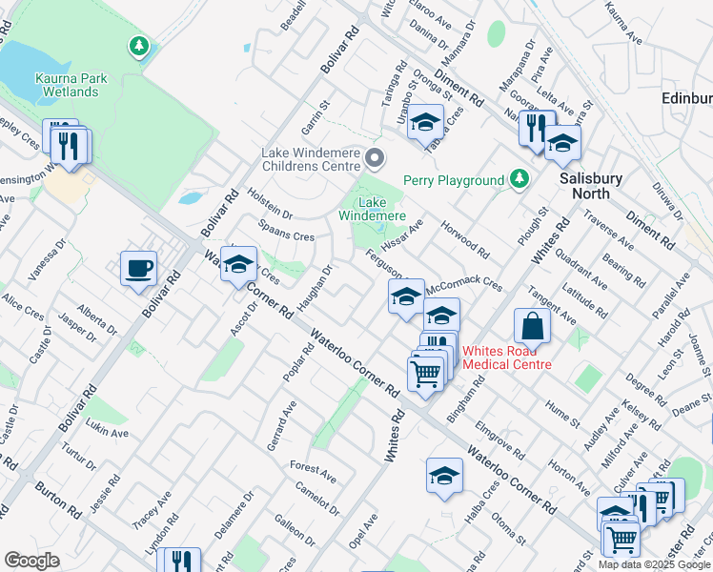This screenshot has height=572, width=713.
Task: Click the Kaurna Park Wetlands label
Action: tap(67, 85)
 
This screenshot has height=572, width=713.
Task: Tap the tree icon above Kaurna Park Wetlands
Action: tap(140, 45)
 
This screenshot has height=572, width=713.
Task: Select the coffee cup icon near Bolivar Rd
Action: tap(138, 268)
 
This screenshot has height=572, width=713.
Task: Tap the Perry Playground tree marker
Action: tap(519, 179)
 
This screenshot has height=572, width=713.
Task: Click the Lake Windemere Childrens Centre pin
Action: tap(376, 158)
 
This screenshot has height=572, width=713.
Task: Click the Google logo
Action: tap(32, 560)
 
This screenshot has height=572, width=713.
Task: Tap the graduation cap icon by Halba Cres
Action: tap(444, 476)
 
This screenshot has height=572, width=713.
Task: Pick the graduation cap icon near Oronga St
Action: tap(425, 122)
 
